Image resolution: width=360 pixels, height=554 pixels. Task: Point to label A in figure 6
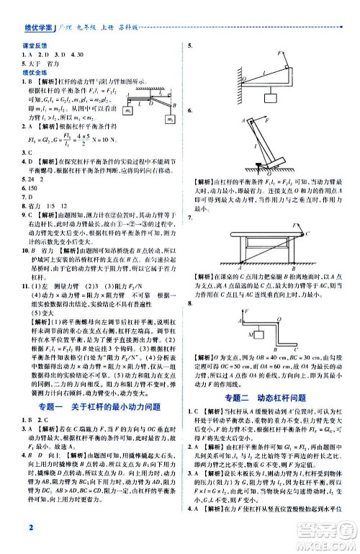242,120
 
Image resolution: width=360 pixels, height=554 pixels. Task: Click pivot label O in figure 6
269,174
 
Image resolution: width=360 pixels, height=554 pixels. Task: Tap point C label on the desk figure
308,233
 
